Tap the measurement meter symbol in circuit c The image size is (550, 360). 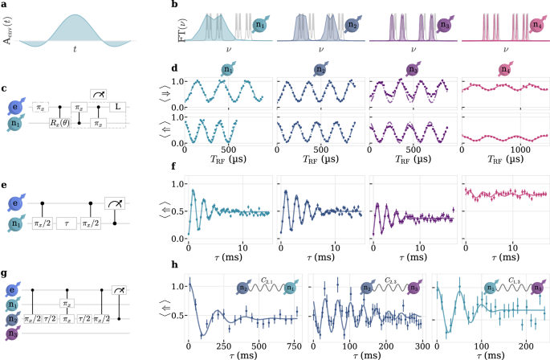pyautogui.click(x=98, y=95)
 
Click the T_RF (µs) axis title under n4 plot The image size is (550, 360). pyautogui.click(x=504, y=160)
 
